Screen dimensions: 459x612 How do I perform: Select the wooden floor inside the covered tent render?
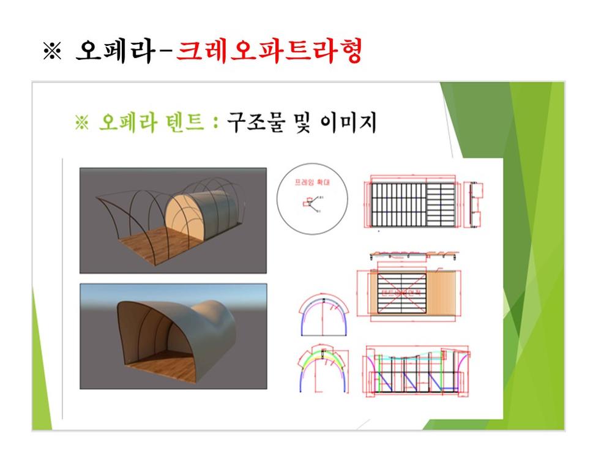click(162, 367)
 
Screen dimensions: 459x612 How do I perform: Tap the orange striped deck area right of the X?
click(446, 293)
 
